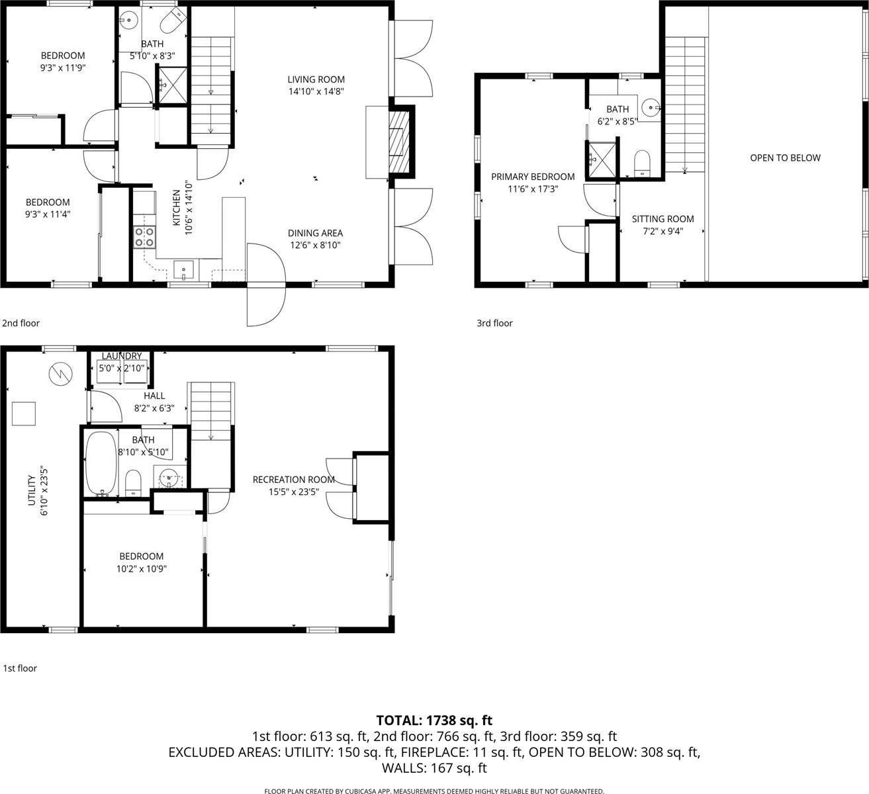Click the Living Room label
point(316,79)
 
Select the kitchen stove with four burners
point(145,237)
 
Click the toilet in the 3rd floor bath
point(642,163)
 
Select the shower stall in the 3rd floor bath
point(602,159)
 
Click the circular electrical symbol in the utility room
point(59,375)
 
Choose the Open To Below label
point(785,157)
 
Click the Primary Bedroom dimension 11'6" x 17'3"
point(533,189)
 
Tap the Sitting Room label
point(663,219)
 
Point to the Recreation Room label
point(294,479)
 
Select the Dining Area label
point(315,233)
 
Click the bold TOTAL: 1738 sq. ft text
point(434,721)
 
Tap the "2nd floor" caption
point(21,323)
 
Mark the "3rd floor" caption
point(494,323)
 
